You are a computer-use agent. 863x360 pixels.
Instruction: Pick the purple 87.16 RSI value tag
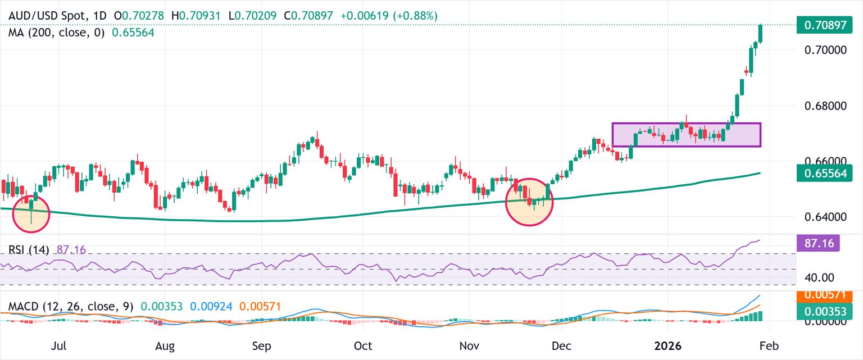819,243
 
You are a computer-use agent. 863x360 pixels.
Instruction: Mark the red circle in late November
529,202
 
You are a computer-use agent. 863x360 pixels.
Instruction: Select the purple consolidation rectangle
686,135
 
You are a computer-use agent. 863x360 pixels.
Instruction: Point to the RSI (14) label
28,249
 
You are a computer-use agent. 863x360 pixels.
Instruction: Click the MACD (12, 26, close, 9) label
71,307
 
